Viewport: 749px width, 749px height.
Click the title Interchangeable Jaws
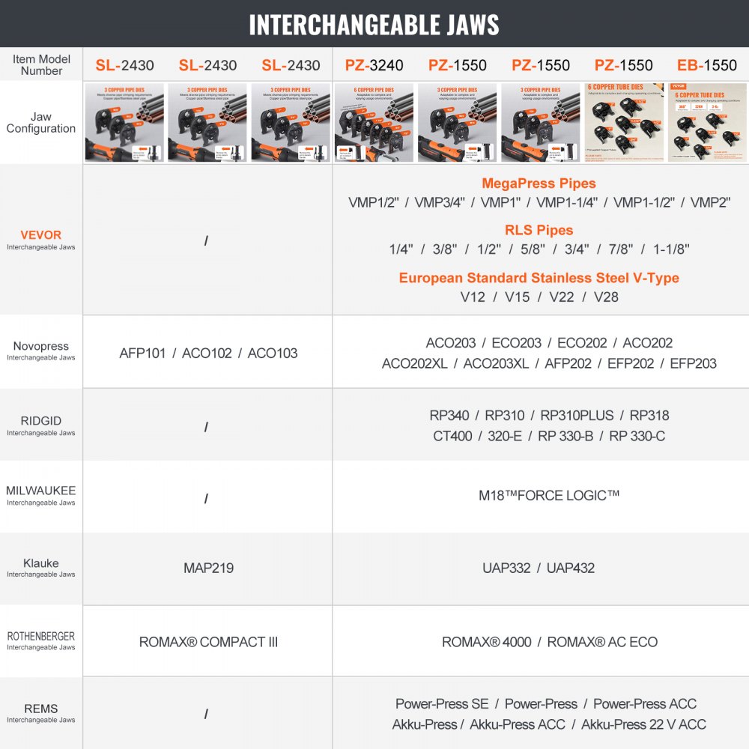[x=374, y=24]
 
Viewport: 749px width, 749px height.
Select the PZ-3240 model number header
[x=374, y=65]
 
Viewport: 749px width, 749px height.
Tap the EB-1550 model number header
[x=706, y=65]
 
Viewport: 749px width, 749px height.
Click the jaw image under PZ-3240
[x=374, y=122]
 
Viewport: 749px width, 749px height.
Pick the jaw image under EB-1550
[x=706, y=122]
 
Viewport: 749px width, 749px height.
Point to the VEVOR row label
[x=41, y=235]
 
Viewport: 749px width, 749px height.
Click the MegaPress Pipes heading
[x=539, y=183]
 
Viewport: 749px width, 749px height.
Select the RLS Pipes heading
[x=539, y=230]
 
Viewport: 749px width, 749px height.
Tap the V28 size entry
[x=606, y=297]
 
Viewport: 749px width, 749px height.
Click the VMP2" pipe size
[x=710, y=202]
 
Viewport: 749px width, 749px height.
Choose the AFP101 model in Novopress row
[x=142, y=353]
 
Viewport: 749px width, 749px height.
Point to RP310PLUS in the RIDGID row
[x=577, y=415]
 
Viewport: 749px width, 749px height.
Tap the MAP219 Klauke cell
[x=208, y=568]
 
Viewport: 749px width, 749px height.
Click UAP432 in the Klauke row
[x=571, y=568]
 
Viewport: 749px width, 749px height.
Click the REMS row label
[x=41, y=709]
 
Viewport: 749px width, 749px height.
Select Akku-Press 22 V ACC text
[x=643, y=724]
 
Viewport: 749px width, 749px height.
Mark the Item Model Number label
[x=41, y=64]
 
